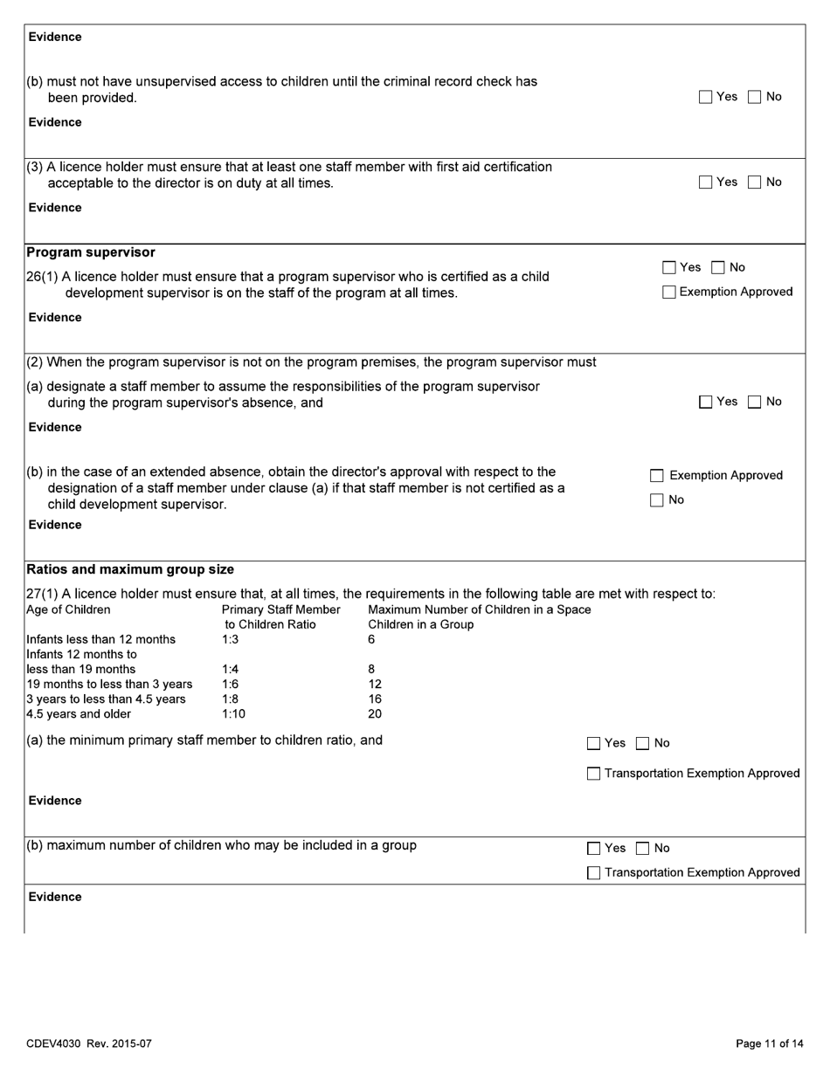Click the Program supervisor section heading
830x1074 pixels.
click(91, 252)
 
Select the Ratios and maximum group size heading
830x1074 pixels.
click(130, 569)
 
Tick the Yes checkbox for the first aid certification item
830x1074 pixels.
click(706, 182)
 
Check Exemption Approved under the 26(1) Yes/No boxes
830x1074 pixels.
click(669, 293)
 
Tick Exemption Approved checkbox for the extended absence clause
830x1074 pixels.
click(657, 476)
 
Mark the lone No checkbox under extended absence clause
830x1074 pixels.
click(657, 500)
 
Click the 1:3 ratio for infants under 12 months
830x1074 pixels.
click(230, 640)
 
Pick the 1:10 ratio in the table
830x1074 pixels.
click(233, 714)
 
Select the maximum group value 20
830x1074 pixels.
click(375, 714)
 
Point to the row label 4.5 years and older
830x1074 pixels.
click(79, 714)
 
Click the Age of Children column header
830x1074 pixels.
click(69, 609)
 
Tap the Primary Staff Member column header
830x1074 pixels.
click(280, 609)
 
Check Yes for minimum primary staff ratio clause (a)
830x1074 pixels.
click(594, 744)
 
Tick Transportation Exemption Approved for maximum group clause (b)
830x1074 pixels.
click(594, 873)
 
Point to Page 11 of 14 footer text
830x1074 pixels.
click(769, 1043)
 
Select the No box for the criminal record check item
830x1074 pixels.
click(755, 98)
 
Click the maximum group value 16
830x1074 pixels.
click(375, 699)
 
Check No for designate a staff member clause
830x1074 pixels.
click(755, 403)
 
